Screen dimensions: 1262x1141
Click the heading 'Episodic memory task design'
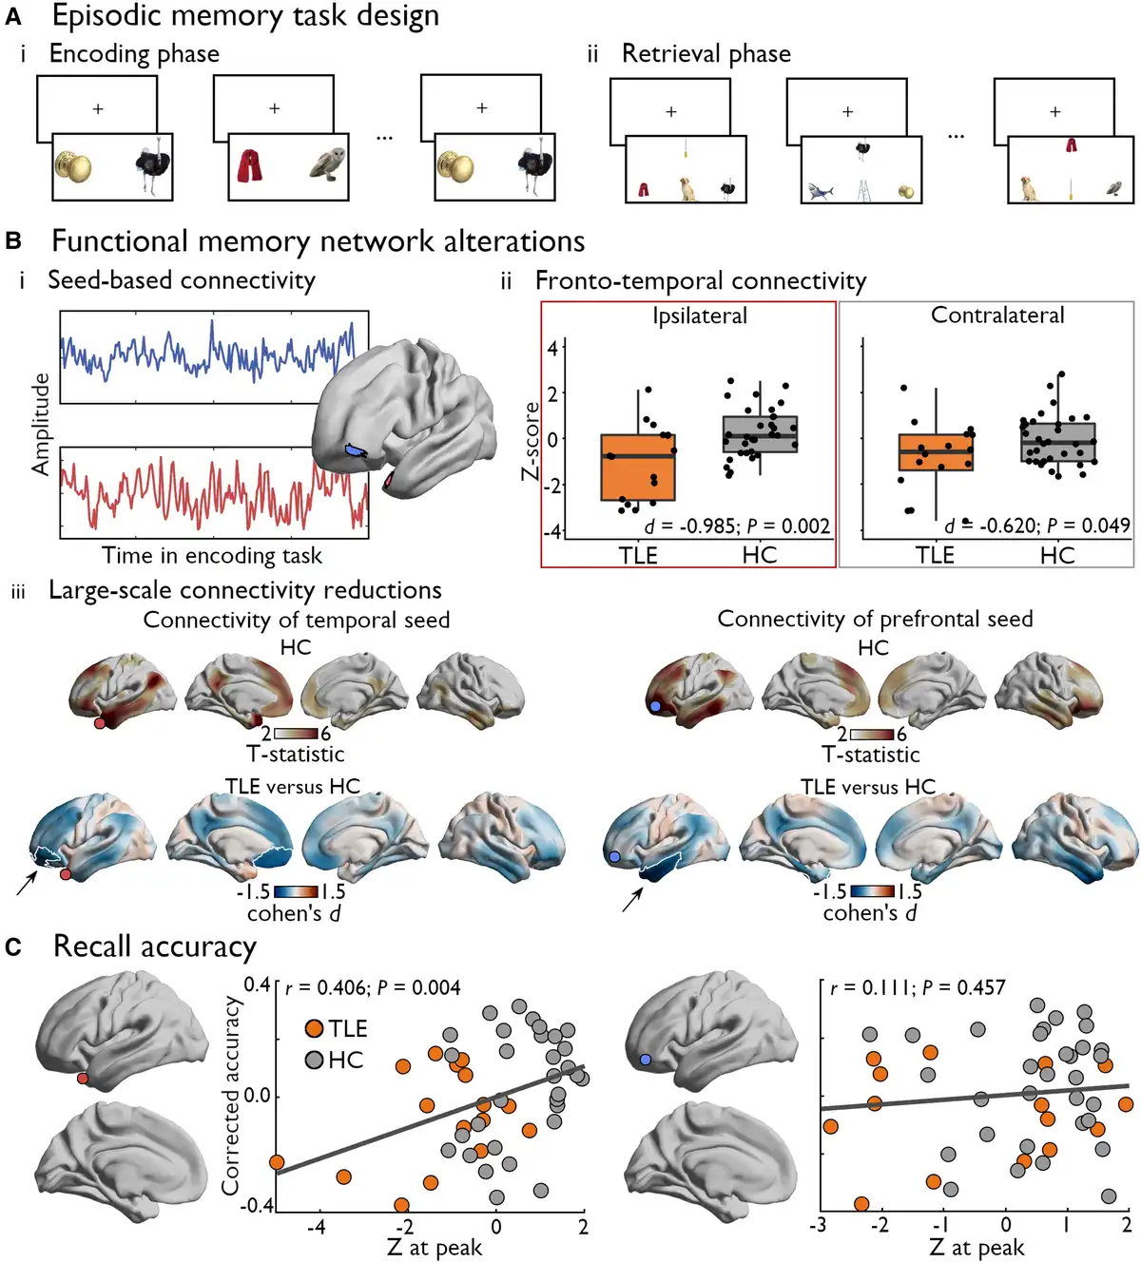[x=245, y=16]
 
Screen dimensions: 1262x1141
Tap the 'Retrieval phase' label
[x=706, y=54]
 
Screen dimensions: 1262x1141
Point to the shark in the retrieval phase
[x=820, y=192]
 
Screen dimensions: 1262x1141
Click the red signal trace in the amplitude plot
[x=209, y=490]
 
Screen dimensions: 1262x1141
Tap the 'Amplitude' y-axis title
[x=41, y=424]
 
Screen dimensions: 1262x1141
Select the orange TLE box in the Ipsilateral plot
[x=638, y=467]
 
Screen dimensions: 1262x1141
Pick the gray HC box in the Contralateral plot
[x=1057, y=442]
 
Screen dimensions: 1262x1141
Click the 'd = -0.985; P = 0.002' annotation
[x=737, y=526]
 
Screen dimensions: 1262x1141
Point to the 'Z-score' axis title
[x=531, y=441]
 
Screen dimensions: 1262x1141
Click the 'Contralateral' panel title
[x=996, y=315]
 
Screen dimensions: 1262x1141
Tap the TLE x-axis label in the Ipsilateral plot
[x=638, y=555]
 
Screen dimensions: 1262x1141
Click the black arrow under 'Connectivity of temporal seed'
[x=28, y=883]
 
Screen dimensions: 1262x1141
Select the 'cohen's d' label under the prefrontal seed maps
[x=869, y=913]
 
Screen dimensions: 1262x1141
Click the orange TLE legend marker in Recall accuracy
[x=315, y=1028]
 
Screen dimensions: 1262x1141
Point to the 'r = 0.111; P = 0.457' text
[x=917, y=987]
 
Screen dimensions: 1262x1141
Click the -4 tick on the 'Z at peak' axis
[x=317, y=1227]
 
